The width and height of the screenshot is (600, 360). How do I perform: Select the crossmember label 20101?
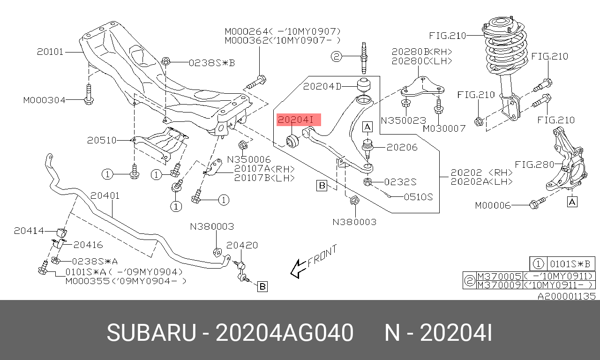coord(50,52)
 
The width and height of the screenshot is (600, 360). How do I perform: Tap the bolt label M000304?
coord(45,100)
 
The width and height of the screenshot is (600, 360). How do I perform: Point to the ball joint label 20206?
coord(402,147)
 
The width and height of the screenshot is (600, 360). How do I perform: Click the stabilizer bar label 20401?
coord(105,195)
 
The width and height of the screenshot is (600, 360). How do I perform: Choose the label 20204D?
coord(322,86)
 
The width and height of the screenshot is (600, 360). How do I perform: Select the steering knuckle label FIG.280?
coord(534,165)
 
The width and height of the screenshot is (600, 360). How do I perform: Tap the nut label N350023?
coord(404,120)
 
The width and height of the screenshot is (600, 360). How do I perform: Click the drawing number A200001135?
coord(567,296)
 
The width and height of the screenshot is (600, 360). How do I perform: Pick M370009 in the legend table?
coord(499,285)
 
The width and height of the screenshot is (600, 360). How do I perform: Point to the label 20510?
coord(102,140)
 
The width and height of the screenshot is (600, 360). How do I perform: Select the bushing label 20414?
coord(29,231)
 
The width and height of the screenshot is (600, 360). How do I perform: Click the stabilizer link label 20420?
coord(242,245)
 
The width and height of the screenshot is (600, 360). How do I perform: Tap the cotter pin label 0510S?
coord(418,197)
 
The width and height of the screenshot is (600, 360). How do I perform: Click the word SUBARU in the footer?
coord(151,333)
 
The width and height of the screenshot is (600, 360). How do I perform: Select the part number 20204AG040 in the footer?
coord(285,333)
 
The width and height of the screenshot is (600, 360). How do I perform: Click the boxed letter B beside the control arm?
coord(322,185)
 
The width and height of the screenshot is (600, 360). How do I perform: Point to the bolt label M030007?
coord(444,128)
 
